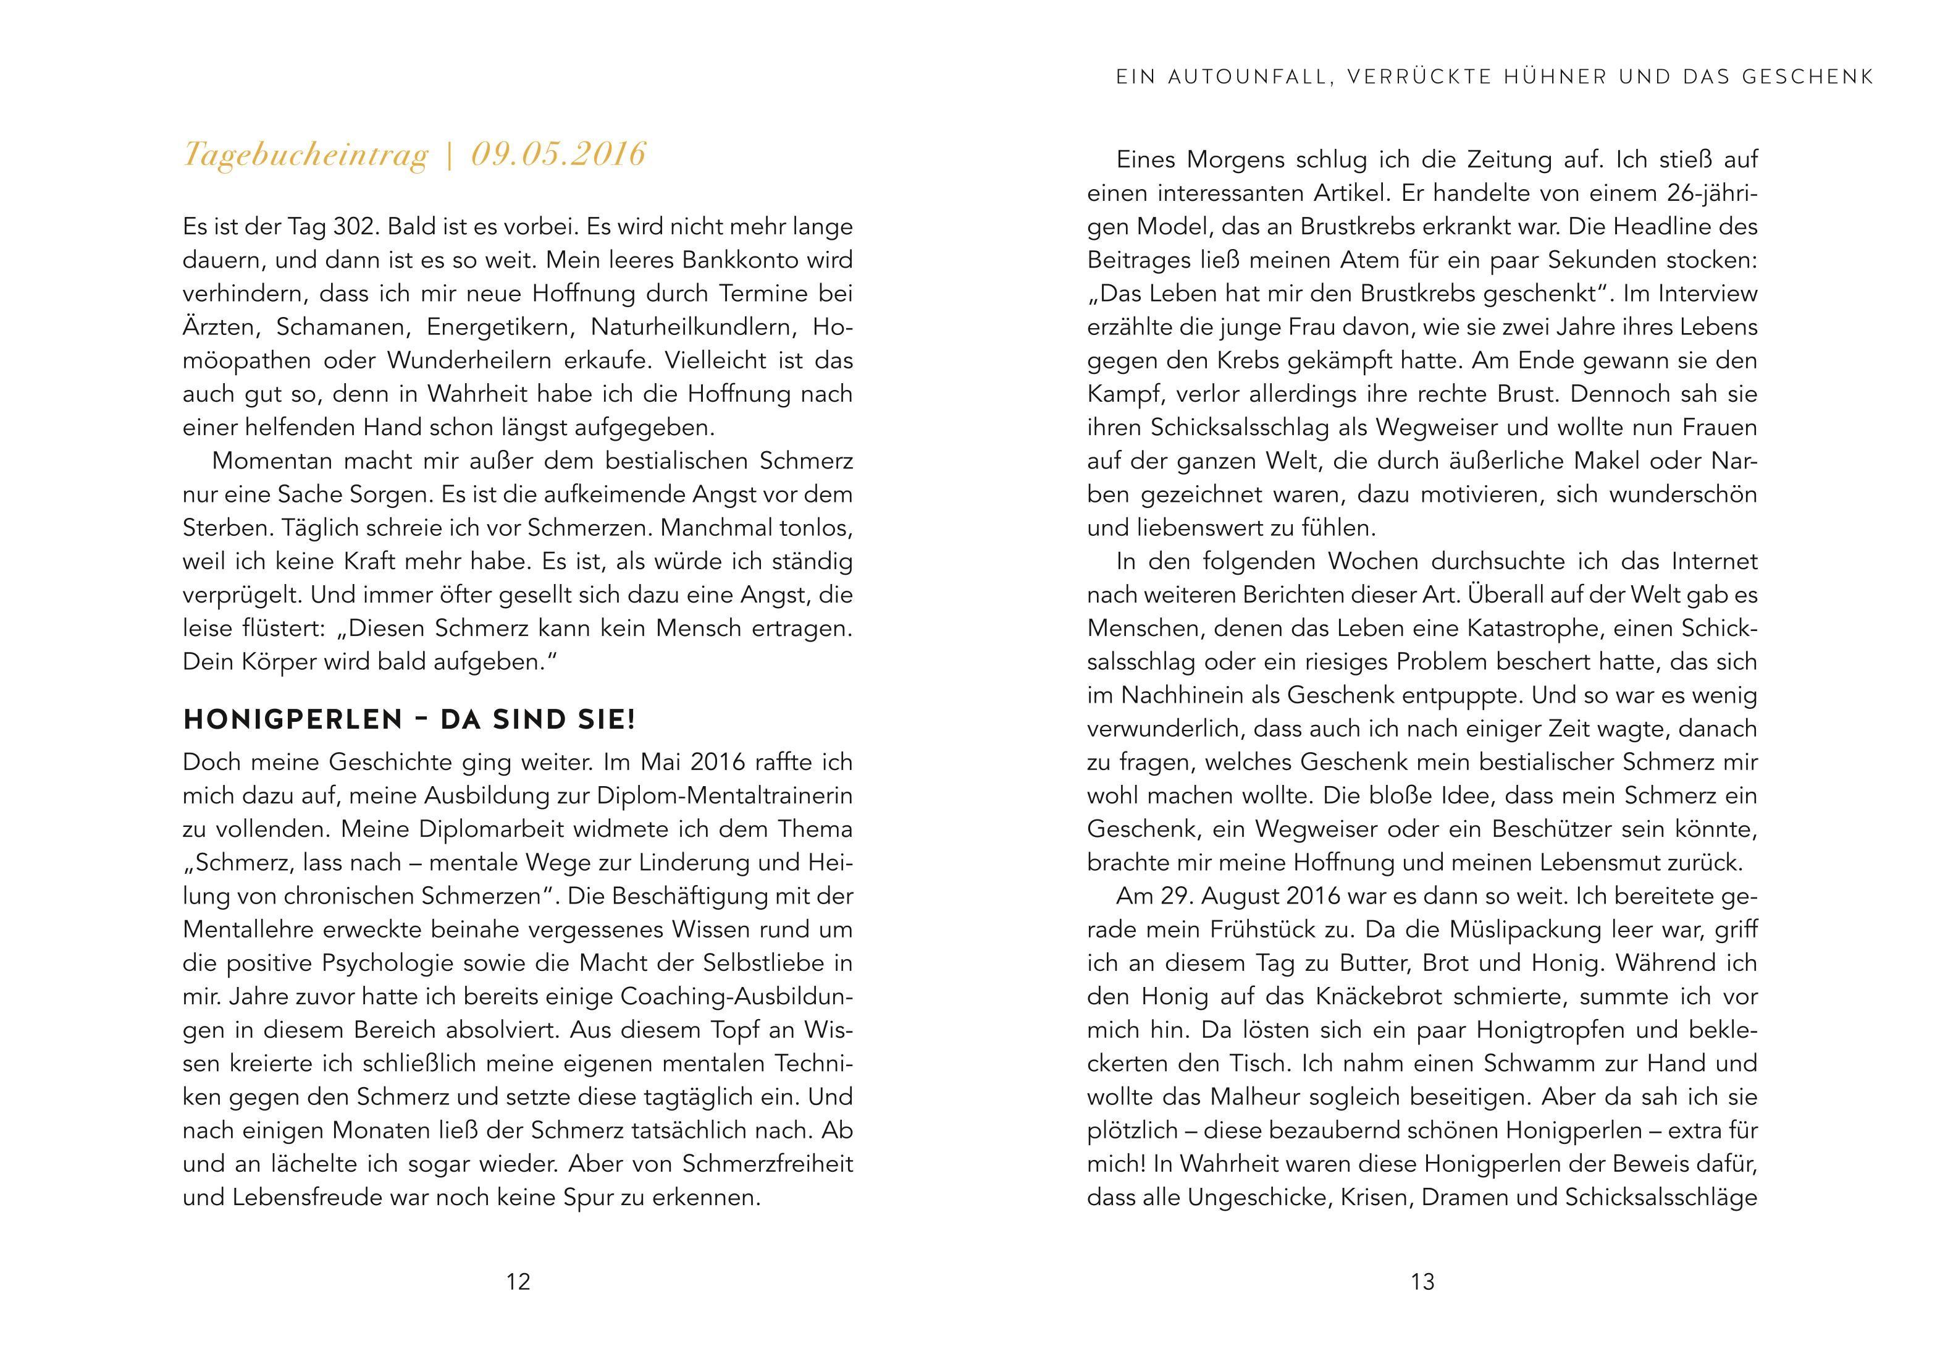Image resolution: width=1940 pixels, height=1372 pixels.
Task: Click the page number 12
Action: (518, 1282)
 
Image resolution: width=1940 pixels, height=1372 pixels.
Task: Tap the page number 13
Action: (1422, 1282)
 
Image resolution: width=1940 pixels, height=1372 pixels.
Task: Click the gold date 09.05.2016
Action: (558, 155)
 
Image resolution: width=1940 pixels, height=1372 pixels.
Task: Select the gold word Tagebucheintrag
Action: (306, 156)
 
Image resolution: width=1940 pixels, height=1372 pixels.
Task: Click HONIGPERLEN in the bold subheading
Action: (292, 719)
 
